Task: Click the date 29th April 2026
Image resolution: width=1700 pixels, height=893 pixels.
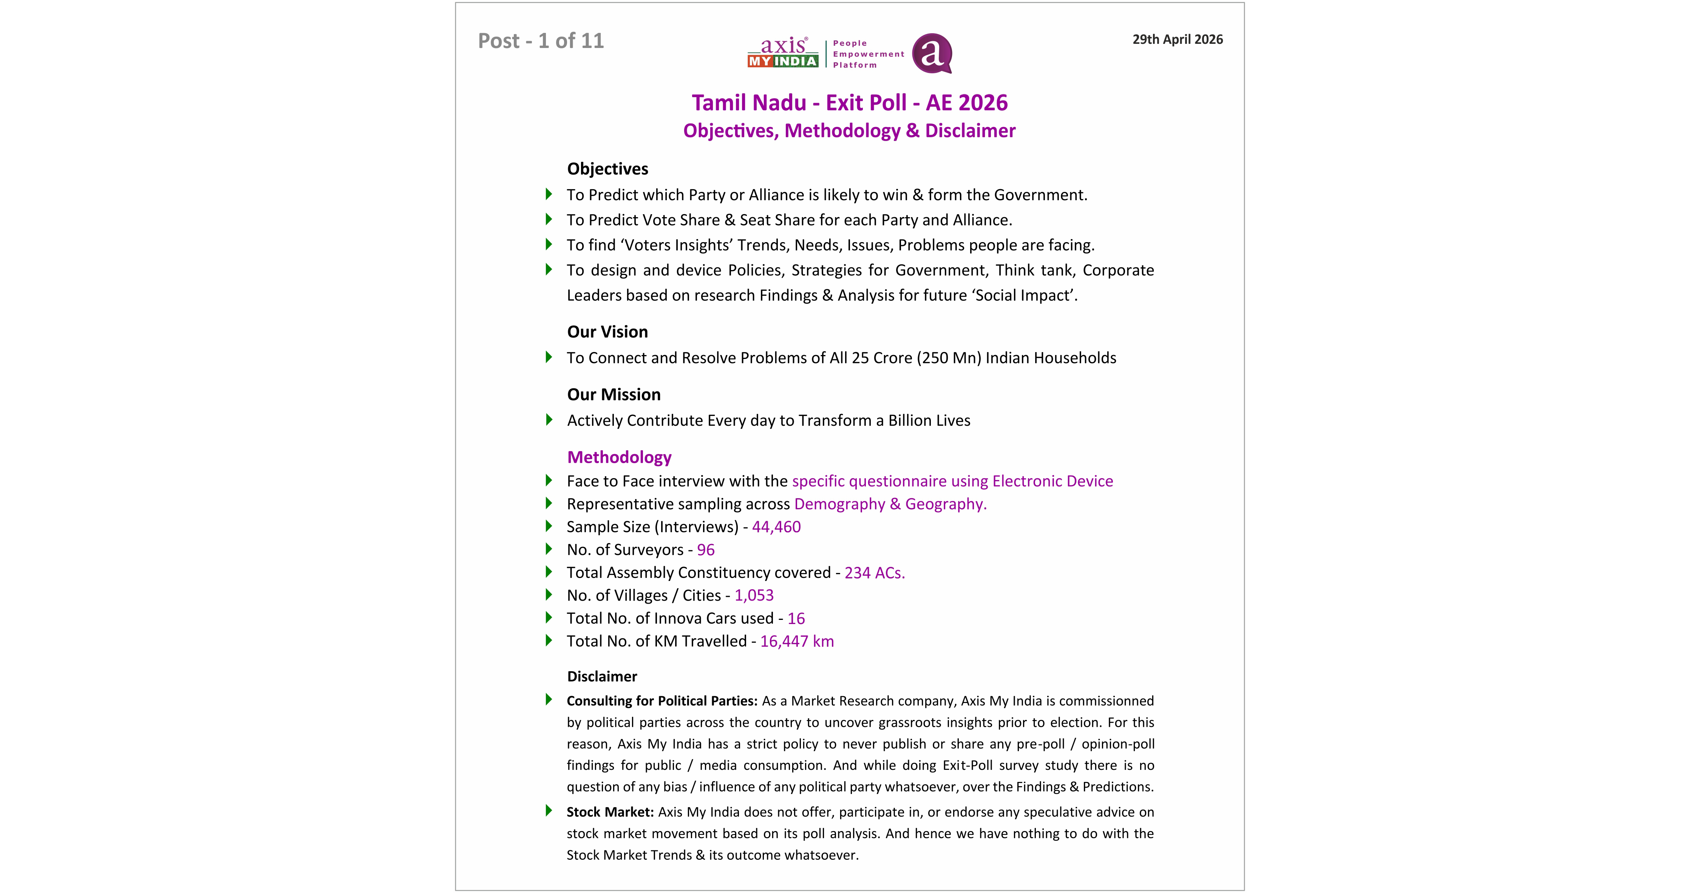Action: tap(1177, 40)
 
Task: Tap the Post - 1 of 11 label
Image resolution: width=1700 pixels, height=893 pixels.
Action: tap(541, 41)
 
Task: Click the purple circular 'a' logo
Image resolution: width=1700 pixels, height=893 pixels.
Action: tap(932, 53)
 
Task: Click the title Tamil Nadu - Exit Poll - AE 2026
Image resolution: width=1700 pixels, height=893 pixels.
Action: tap(849, 103)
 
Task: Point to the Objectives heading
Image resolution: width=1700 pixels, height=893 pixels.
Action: tap(607, 169)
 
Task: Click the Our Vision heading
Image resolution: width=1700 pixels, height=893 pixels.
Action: tap(607, 332)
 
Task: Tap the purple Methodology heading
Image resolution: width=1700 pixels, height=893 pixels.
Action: tap(619, 457)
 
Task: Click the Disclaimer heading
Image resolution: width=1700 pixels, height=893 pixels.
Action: tap(602, 677)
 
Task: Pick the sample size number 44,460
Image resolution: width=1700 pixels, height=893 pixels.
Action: tap(776, 527)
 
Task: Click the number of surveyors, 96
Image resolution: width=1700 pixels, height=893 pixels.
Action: tap(705, 550)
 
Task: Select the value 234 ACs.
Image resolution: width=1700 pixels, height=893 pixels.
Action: tap(875, 573)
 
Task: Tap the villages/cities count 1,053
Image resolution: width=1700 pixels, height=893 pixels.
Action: tap(754, 595)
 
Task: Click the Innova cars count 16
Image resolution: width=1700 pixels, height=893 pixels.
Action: tap(796, 618)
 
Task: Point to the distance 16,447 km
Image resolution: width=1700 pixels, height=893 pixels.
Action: tap(797, 641)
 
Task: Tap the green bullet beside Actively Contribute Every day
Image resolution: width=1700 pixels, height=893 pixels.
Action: tap(549, 420)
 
